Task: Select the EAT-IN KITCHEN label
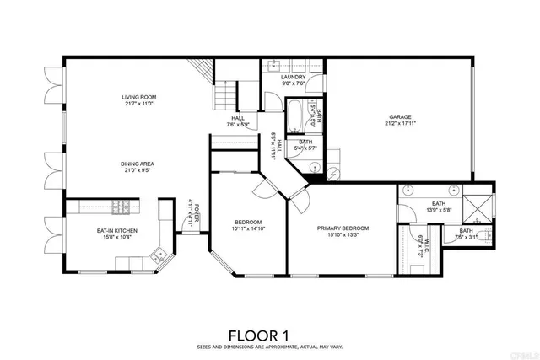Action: tap(116, 230)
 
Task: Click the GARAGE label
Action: tap(399, 117)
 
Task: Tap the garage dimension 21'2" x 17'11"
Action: tap(399, 124)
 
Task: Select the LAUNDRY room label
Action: tap(293, 77)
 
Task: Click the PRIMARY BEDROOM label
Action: tap(343, 228)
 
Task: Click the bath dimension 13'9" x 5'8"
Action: tap(439, 211)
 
